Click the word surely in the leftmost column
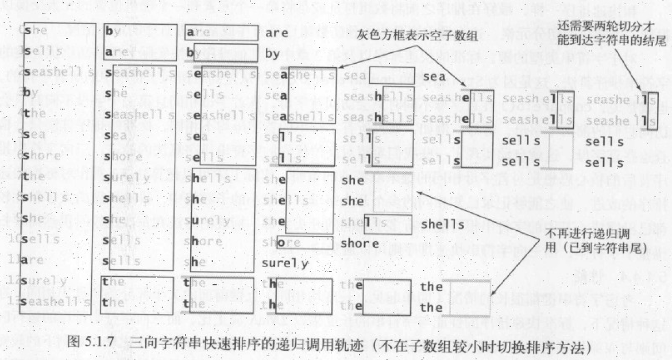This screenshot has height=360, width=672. click(x=47, y=281)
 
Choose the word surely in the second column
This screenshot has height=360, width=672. click(x=127, y=177)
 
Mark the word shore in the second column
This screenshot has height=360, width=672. click(x=125, y=156)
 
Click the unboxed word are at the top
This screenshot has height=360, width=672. click(x=276, y=33)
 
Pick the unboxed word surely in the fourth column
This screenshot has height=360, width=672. click(x=285, y=264)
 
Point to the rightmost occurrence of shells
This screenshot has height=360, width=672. click(x=442, y=224)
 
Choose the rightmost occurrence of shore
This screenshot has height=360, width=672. click(x=359, y=243)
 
